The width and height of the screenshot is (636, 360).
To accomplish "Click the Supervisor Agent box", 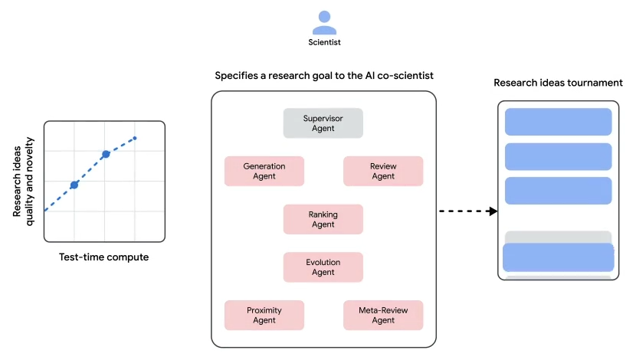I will click(x=323, y=123).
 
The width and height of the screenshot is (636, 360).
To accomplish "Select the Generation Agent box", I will click(x=264, y=171).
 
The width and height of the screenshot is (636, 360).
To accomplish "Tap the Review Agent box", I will click(x=383, y=171).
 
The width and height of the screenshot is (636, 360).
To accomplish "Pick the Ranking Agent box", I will click(x=323, y=219).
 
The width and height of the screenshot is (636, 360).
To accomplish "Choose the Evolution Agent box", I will click(x=323, y=267).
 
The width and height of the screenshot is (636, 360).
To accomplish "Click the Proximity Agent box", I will click(x=264, y=315).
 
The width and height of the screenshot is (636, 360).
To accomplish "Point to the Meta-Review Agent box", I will click(x=383, y=315).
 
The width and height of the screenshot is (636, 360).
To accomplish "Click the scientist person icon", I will click(x=324, y=22).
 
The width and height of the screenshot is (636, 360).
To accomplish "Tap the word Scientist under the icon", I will click(x=324, y=44).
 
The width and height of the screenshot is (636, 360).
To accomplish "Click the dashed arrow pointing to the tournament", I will click(x=468, y=211).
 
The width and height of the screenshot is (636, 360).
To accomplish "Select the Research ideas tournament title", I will click(x=558, y=83).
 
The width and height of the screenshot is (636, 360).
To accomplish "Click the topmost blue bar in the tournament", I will click(x=558, y=122).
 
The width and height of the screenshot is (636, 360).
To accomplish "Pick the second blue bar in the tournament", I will click(x=558, y=156).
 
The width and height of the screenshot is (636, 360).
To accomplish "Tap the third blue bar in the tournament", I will click(x=558, y=191).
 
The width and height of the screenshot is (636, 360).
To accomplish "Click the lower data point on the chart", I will click(x=74, y=185).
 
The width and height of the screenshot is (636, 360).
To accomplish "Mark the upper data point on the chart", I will click(x=106, y=154).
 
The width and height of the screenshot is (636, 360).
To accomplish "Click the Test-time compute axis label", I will click(x=103, y=257).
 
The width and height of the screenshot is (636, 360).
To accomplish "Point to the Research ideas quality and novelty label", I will click(x=23, y=181).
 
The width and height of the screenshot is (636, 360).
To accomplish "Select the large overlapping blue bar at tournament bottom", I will click(x=558, y=257).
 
